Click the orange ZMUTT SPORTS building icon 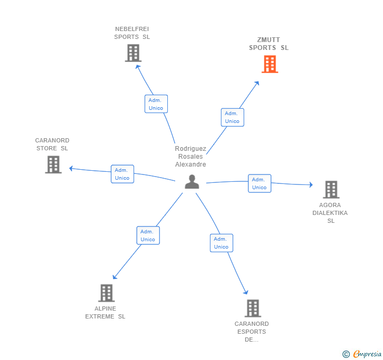click(270, 64)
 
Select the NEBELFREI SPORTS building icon click(133, 53)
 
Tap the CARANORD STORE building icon click(53, 164)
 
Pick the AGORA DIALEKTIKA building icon click(331, 189)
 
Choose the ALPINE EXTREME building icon click(106, 293)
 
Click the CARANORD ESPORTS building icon click(253, 308)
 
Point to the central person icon click(192, 182)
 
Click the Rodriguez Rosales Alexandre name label click(190, 157)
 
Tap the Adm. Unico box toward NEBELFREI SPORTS click(156, 104)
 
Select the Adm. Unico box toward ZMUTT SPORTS click(233, 117)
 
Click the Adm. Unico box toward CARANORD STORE click(123, 174)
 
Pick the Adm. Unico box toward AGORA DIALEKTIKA click(259, 183)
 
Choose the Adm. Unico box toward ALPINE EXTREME click(148, 235)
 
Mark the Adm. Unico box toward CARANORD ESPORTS click(221, 243)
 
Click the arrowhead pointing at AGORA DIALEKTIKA click(311, 184)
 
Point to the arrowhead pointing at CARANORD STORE click(71, 168)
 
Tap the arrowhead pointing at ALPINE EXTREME click(115, 277)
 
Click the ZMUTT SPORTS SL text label click(269, 44)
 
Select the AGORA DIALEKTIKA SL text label click(330, 213)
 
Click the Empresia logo click(362, 354)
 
